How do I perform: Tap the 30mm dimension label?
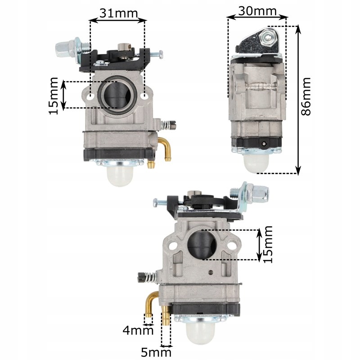click(257, 11)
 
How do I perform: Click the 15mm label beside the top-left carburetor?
click(54, 95)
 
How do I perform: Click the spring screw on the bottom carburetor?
click(146, 278)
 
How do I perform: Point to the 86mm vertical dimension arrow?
click(297, 99)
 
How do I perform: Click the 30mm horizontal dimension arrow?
click(257, 18)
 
